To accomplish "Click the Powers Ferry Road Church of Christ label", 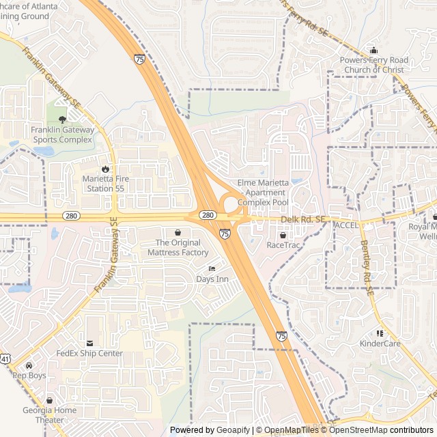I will click(373, 65).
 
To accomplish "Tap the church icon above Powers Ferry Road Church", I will click(373, 50).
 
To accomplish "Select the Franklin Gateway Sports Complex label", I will click(61, 135).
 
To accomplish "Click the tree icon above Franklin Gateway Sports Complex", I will click(63, 119).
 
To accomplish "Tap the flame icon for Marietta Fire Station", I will click(105, 169).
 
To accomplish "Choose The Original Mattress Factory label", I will click(178, 247).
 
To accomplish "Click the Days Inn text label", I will click(212, 279).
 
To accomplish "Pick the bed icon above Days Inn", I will click(212, 268).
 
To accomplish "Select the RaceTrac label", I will click(283, 244).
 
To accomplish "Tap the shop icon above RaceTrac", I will click(283, 234).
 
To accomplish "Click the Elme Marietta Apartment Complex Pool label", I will click(263, 193).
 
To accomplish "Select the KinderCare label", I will click(380, 343).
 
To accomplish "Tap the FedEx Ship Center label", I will click(89, 354).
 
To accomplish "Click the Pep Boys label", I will click(29, 376).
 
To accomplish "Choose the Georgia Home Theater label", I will click(49, 414).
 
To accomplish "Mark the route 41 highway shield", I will click(5, 358).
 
